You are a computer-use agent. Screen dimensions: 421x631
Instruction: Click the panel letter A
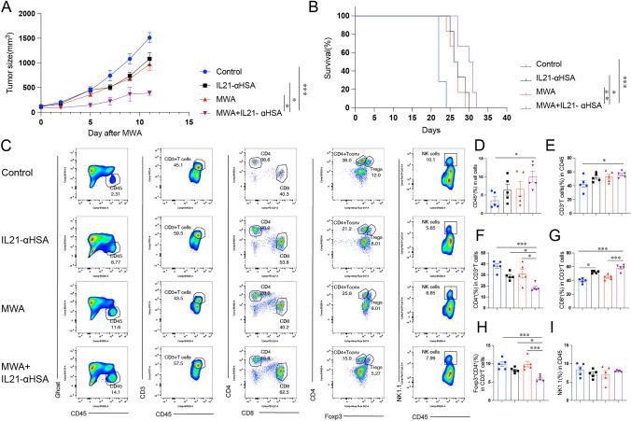(x=7, y=7)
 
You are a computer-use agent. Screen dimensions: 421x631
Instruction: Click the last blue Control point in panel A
(x=149, y=38)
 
